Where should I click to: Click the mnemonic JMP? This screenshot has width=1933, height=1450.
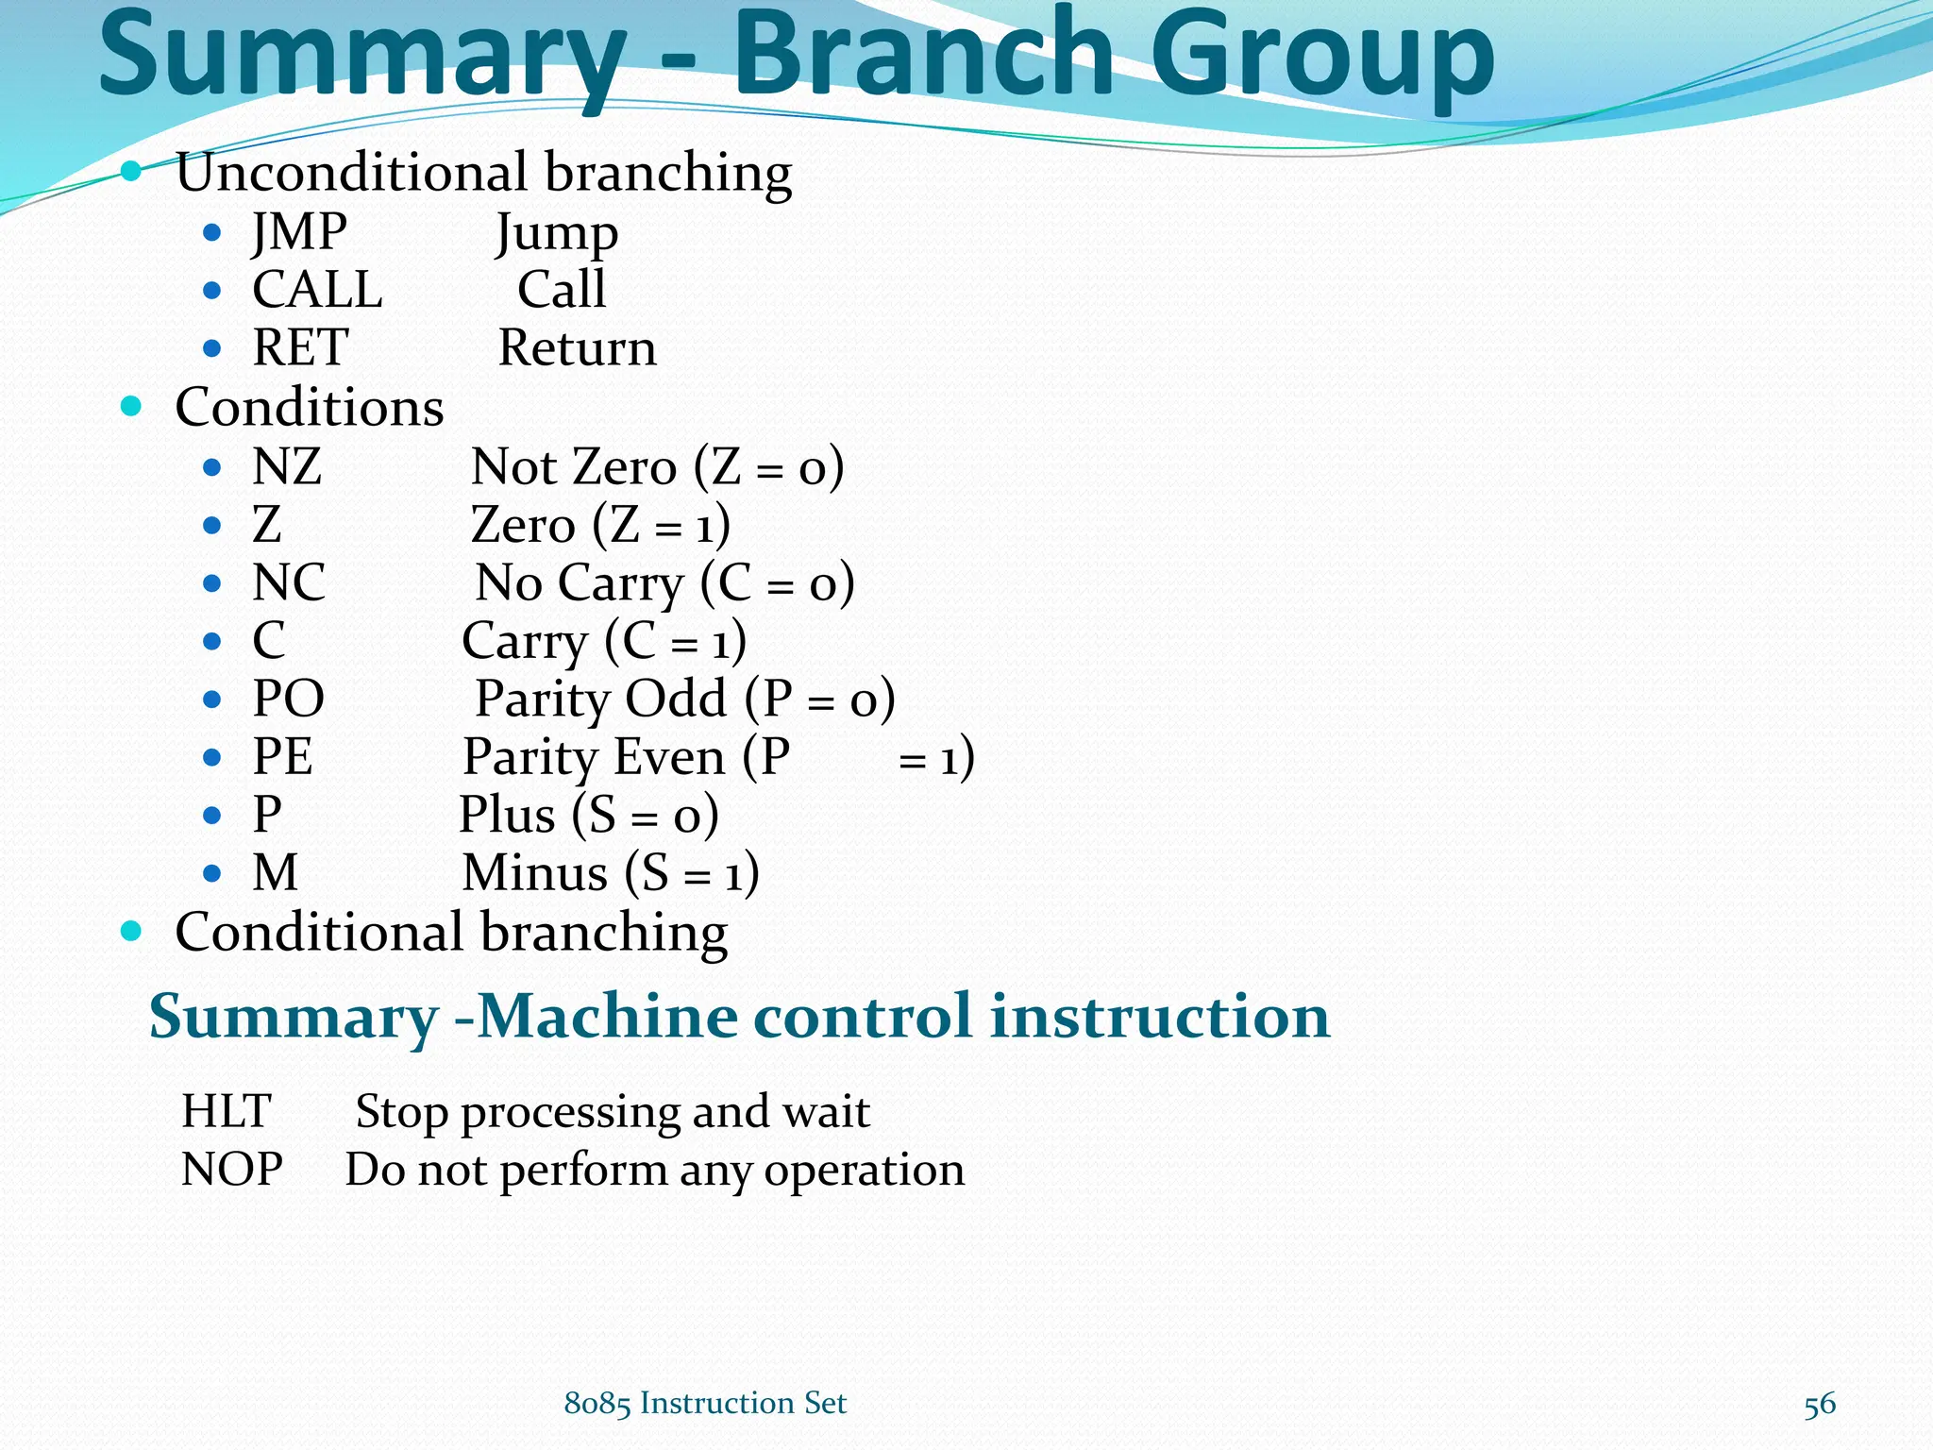299,232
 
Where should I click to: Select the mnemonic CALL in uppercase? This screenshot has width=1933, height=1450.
317,290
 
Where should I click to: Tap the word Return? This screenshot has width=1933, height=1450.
577,348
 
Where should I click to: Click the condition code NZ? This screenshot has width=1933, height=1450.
287,467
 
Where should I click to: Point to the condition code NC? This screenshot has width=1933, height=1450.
289,583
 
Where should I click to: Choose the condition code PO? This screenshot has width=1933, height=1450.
289,700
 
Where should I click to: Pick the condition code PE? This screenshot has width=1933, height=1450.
282,757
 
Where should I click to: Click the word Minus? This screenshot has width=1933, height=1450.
534,873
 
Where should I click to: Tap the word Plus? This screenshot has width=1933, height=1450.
507,816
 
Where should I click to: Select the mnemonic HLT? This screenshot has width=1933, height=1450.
227,1111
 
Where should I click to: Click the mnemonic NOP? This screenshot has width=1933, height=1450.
231,1170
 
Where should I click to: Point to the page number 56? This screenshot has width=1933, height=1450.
1819,1405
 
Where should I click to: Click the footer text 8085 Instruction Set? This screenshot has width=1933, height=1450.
705,1404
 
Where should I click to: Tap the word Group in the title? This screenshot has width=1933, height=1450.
1321,59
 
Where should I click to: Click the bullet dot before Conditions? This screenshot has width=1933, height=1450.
131,407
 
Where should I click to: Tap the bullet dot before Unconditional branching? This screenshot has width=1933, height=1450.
131,172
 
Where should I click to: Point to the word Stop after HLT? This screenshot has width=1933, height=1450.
402,1112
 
